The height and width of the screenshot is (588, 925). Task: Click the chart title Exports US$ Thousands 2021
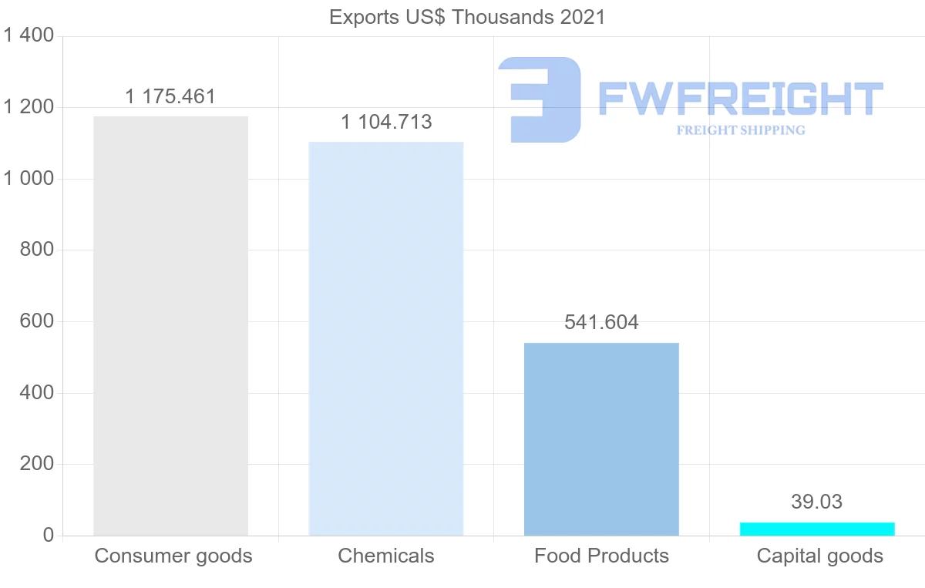coord(467,17)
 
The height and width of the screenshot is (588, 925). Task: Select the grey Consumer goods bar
coord(170,326)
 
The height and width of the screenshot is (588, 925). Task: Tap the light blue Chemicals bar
coord(385,339)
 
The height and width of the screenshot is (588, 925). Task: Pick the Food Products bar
coord(601,439)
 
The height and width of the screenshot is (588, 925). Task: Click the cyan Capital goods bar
coord(817,529)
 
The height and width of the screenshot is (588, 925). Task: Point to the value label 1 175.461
coord(170,97)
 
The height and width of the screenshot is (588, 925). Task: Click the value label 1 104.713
coord(386,122)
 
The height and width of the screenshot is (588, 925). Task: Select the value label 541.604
coord(601,322)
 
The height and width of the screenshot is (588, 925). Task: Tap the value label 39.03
coord(817,502)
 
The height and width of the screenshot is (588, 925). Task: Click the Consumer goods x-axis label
coord(173,556)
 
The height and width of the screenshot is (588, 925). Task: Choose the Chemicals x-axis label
coord(386,556)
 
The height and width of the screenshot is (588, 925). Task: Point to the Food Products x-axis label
coord(601,556)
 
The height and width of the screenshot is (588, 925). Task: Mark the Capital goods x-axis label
coord(820,556)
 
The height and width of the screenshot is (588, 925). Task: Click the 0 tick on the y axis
coord(48,536)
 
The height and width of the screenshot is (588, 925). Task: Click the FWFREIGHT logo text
coord(740,99)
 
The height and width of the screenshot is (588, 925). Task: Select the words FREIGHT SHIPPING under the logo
coord(741,130)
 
